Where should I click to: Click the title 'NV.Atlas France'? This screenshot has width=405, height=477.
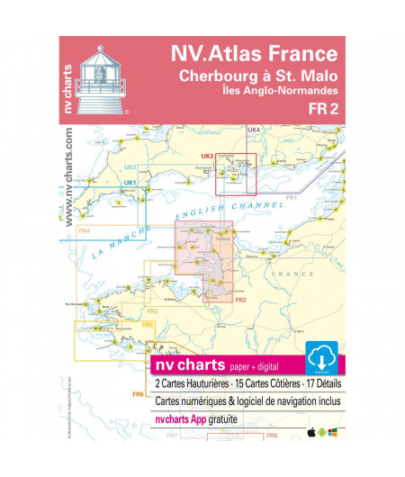[254, 55]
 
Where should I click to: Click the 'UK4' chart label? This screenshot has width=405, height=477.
[254, 130]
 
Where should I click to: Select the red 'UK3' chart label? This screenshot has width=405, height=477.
[206, 156]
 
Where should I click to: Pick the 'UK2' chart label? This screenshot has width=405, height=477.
[130, 167]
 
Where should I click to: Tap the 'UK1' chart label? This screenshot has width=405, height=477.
[129, 184]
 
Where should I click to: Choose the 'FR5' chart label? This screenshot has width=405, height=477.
[148, 324]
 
